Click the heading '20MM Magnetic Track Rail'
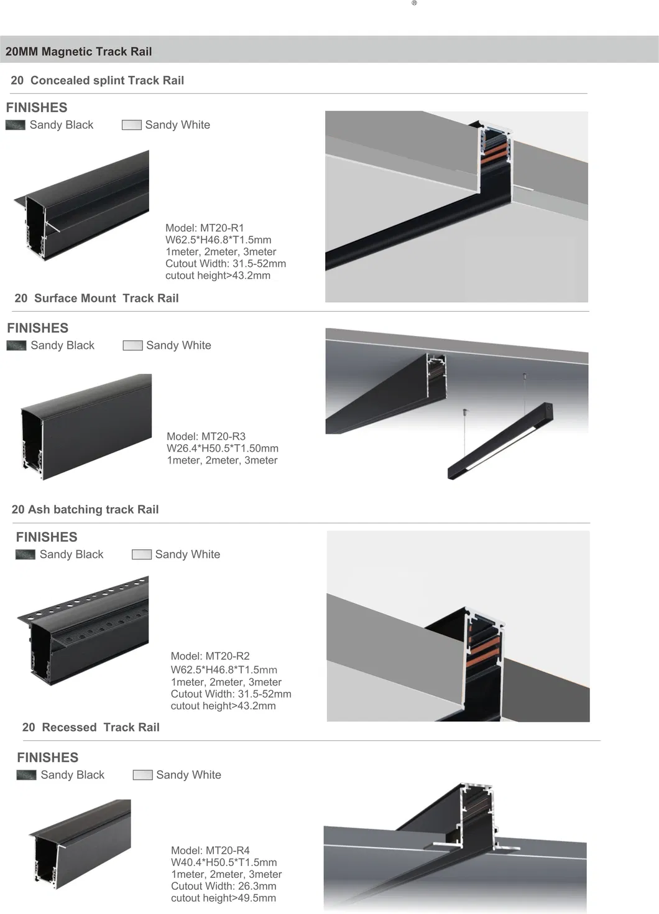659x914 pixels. (x=78, y=52)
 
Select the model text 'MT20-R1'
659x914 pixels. (x=222, y=228)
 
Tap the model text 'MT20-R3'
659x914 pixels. (x=223, y=436)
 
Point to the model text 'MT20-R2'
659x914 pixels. (x=228, y=656)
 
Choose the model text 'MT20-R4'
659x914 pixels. (x=228, y=850)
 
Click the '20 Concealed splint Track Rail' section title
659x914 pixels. (x=98, y=80)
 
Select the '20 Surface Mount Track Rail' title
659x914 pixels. (x=96, y=298)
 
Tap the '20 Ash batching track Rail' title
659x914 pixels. (x=85, y=510)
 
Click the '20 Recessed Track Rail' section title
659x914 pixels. (x=91, y=727)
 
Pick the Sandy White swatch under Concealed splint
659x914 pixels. (x=132, y=125)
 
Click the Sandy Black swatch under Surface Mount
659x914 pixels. (x=16, y=345)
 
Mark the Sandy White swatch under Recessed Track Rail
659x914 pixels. (x=143, y=775)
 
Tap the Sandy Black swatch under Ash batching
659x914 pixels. (x=25, y=554)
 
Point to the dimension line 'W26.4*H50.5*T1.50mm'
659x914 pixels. (x=223, y=448)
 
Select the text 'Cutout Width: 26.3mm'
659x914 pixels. (x=223, y=886)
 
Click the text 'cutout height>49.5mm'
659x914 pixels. (x=223, y=898)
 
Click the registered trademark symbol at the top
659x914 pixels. (x=415, y=3)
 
